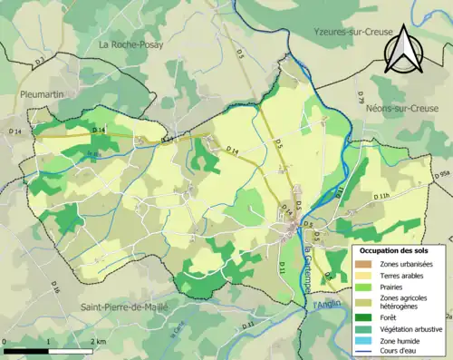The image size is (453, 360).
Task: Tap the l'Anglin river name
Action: click(x=327, y=305)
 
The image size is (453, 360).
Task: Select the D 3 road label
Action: click(x=39, y=62)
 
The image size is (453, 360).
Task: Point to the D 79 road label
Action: click(x=361, y=95)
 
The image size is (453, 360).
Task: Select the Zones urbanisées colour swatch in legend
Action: click(x=363, y=263)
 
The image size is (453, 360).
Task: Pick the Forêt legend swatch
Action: click(x=363, y=316)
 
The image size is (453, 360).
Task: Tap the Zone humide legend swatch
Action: click(x=363, y=343)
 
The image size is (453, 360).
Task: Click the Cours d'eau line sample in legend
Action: click(x=363, y=354)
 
